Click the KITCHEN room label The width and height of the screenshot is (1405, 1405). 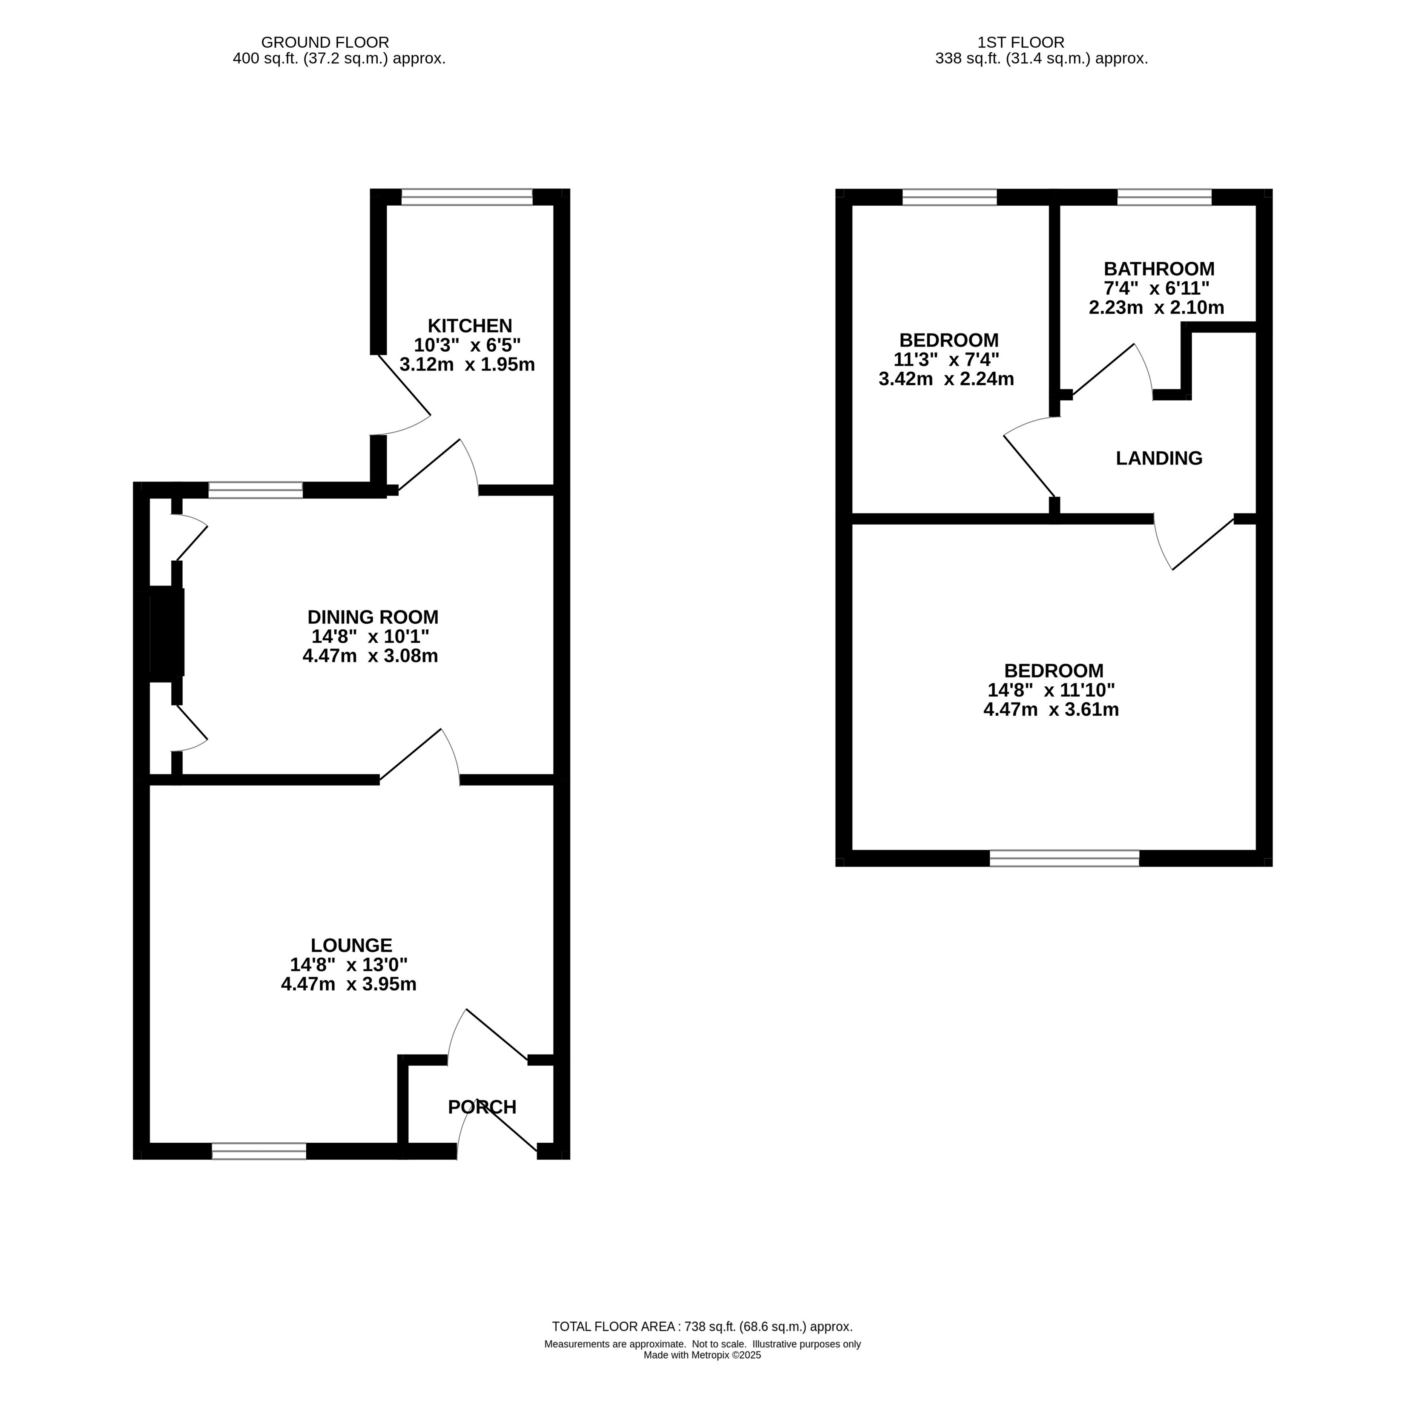pos(469,326)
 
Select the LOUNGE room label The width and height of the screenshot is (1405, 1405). pos(351,945)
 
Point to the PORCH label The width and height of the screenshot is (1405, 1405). pos(482,1107)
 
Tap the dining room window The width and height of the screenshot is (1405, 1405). pos(256,490)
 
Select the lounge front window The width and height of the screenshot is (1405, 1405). pos(259,1151)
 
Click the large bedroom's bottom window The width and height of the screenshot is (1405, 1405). pos(1064,859)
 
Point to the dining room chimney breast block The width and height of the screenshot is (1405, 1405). pos(167,632)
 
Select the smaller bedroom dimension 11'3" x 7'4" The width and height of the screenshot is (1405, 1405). pos(946,359)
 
